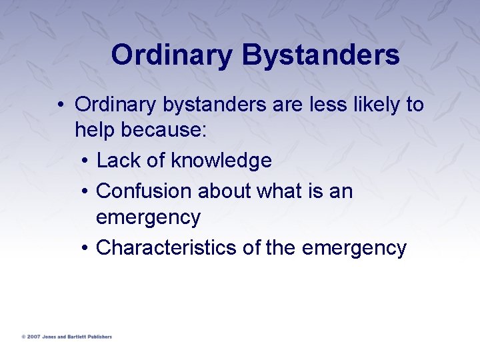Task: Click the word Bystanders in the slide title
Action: pyautogui.click(x=321, y=55)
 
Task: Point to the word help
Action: pyautogui.click(x=95, y=131)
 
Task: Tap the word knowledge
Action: pyautogui.click(x=221, y=161)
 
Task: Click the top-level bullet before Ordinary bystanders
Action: pyautogui.click(x=61, y=105)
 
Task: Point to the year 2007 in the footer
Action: pyautogui.click(x=33, y=337)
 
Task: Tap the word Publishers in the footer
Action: pyautogui.click(x=101, y=337)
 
